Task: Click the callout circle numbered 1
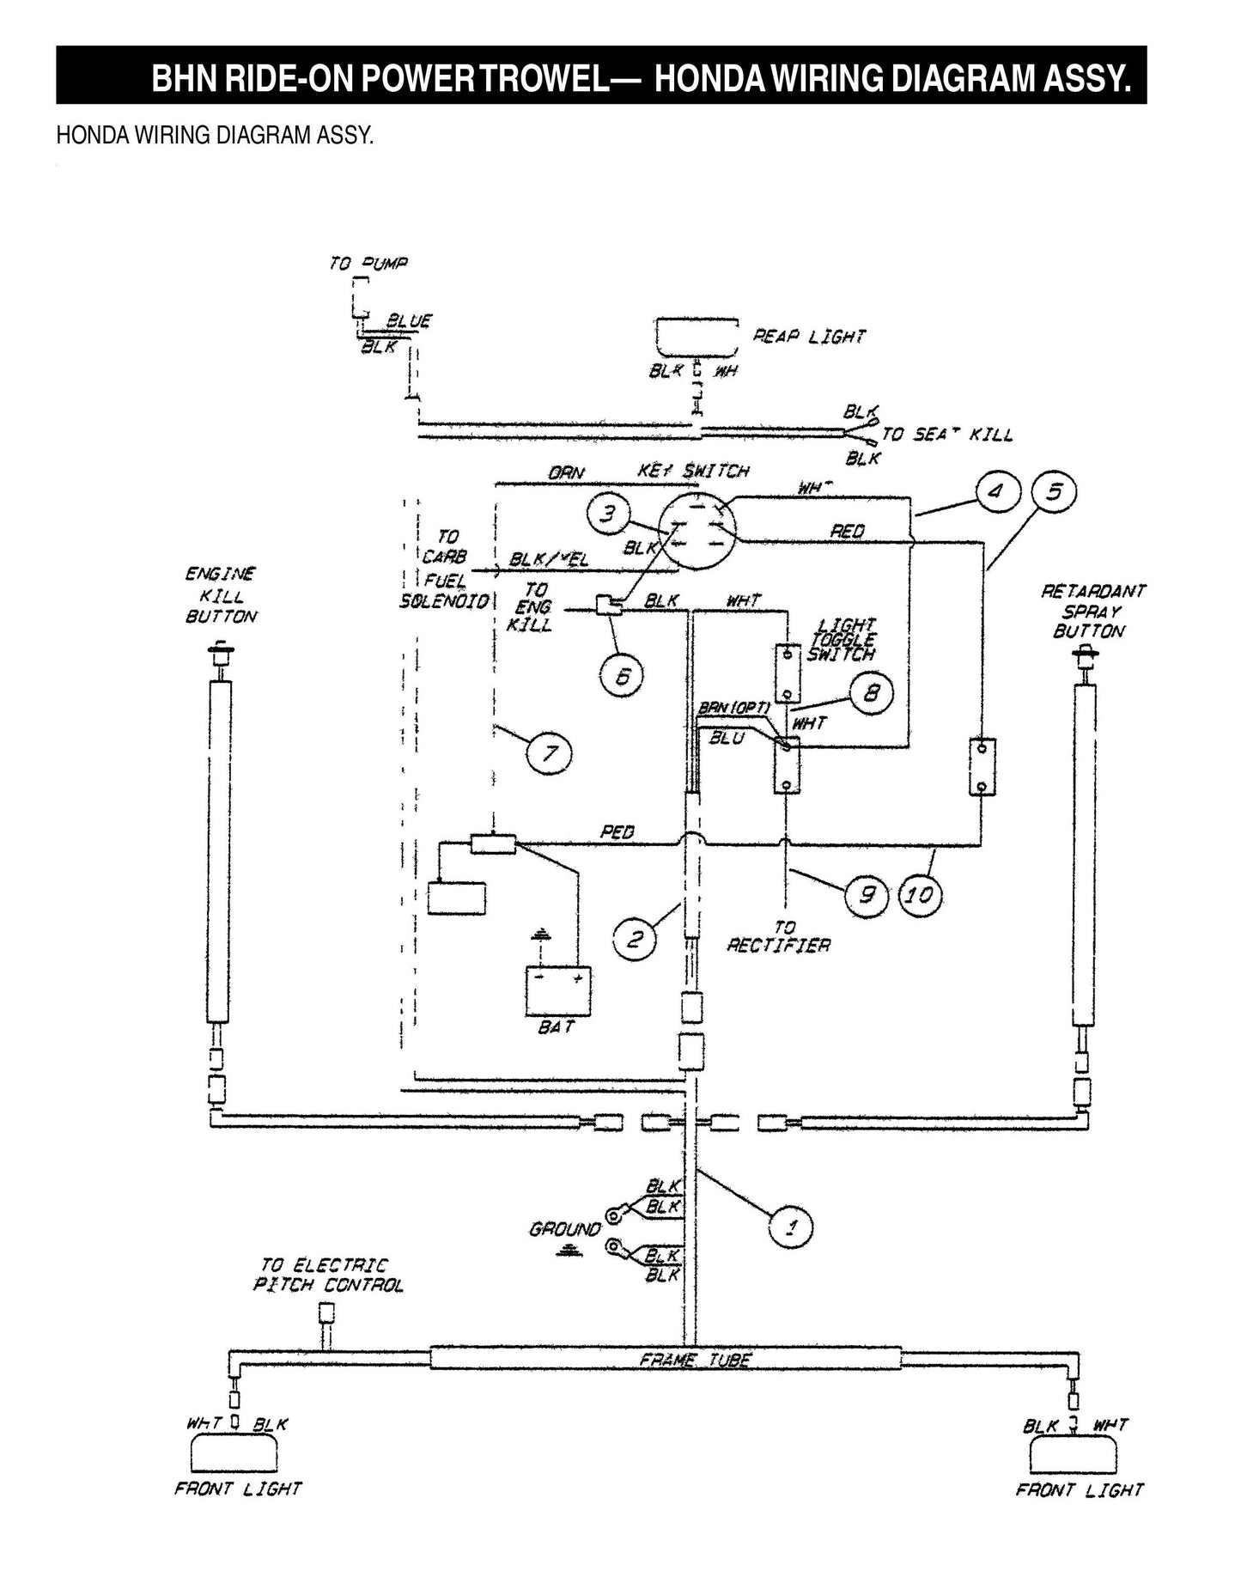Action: click(x=791, y=1226)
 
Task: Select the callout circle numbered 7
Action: click(x=549, y=753)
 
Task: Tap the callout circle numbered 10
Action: click(x=919, y=895)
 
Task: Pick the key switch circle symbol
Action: click(x=697, y=531)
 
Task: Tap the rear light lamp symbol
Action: click(x=697, y=338)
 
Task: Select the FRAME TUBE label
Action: click(x=696, y=1360)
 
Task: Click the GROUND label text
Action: click(x=564, y=1229)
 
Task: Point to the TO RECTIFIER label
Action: click(x=779, y=937)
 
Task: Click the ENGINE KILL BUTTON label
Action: click(x=221, y=594)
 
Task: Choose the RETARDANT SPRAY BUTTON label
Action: click(x=1092, y=611)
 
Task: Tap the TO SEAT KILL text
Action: click(x=946, y=435)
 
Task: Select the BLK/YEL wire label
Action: click(x=550, y=559)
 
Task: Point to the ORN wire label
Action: click(x=566, y=472)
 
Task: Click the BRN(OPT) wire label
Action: click(x=733, y=708)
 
